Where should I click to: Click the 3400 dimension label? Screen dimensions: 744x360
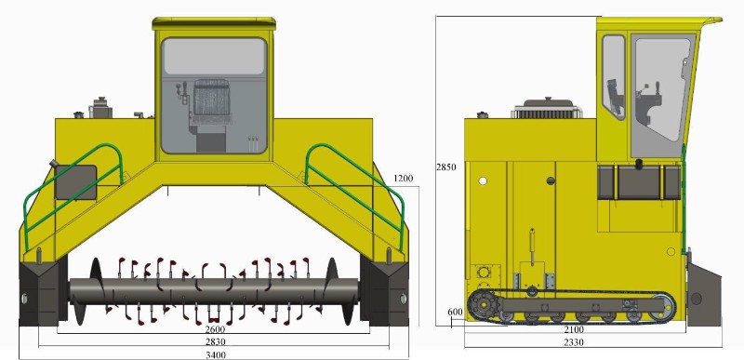[x=216, y=354]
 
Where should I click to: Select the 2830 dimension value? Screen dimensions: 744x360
[x=216, y=341]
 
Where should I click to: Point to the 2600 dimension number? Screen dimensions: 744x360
[x=216, y=328]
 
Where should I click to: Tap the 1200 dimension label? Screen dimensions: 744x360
[x=404, y=179]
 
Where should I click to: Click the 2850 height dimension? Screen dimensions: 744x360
[x=446, y=167]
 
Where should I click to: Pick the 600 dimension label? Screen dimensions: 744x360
[x=455, y=312]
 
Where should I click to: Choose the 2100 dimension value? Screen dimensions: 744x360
[x=573, y=329]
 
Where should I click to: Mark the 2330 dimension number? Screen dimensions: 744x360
[x=573, y=342]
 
